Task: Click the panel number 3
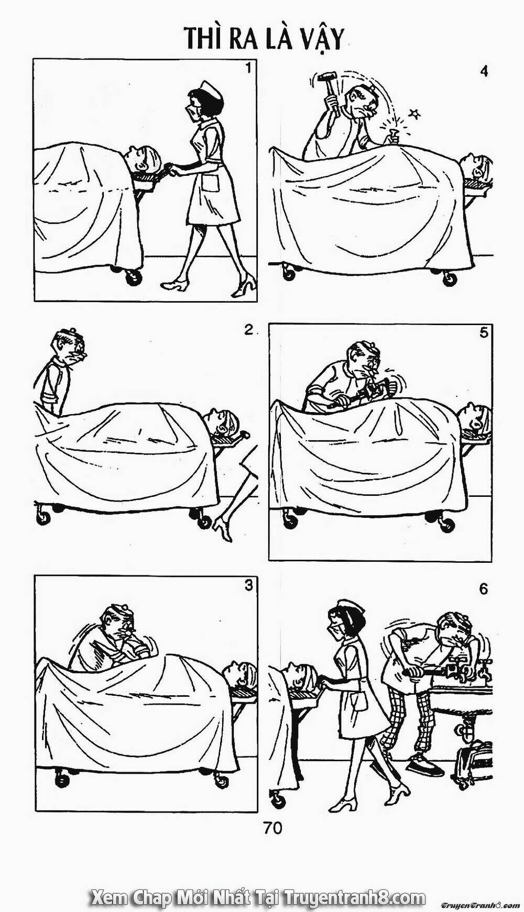coord(249,586)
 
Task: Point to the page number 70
coord(274,828)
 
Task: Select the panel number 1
coord(249,68)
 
